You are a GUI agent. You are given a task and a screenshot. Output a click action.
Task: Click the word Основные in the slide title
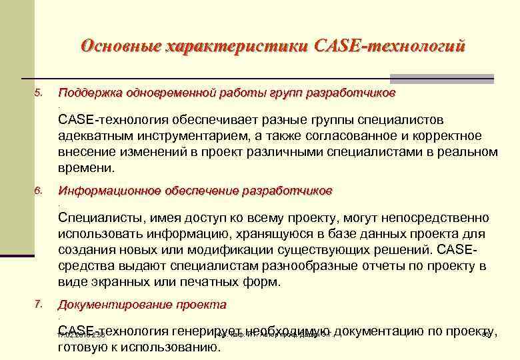[x=119, y=47]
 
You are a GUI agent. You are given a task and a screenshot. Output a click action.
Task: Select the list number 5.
[x=38, y=93]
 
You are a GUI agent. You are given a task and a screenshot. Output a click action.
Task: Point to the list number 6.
[x=38, y=191]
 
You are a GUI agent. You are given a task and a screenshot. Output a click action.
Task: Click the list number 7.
[x=38, y=305]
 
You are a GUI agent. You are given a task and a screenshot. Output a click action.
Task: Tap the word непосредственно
[x=437, y=218]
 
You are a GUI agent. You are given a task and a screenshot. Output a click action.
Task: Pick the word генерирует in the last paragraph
[x=207, y=331]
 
